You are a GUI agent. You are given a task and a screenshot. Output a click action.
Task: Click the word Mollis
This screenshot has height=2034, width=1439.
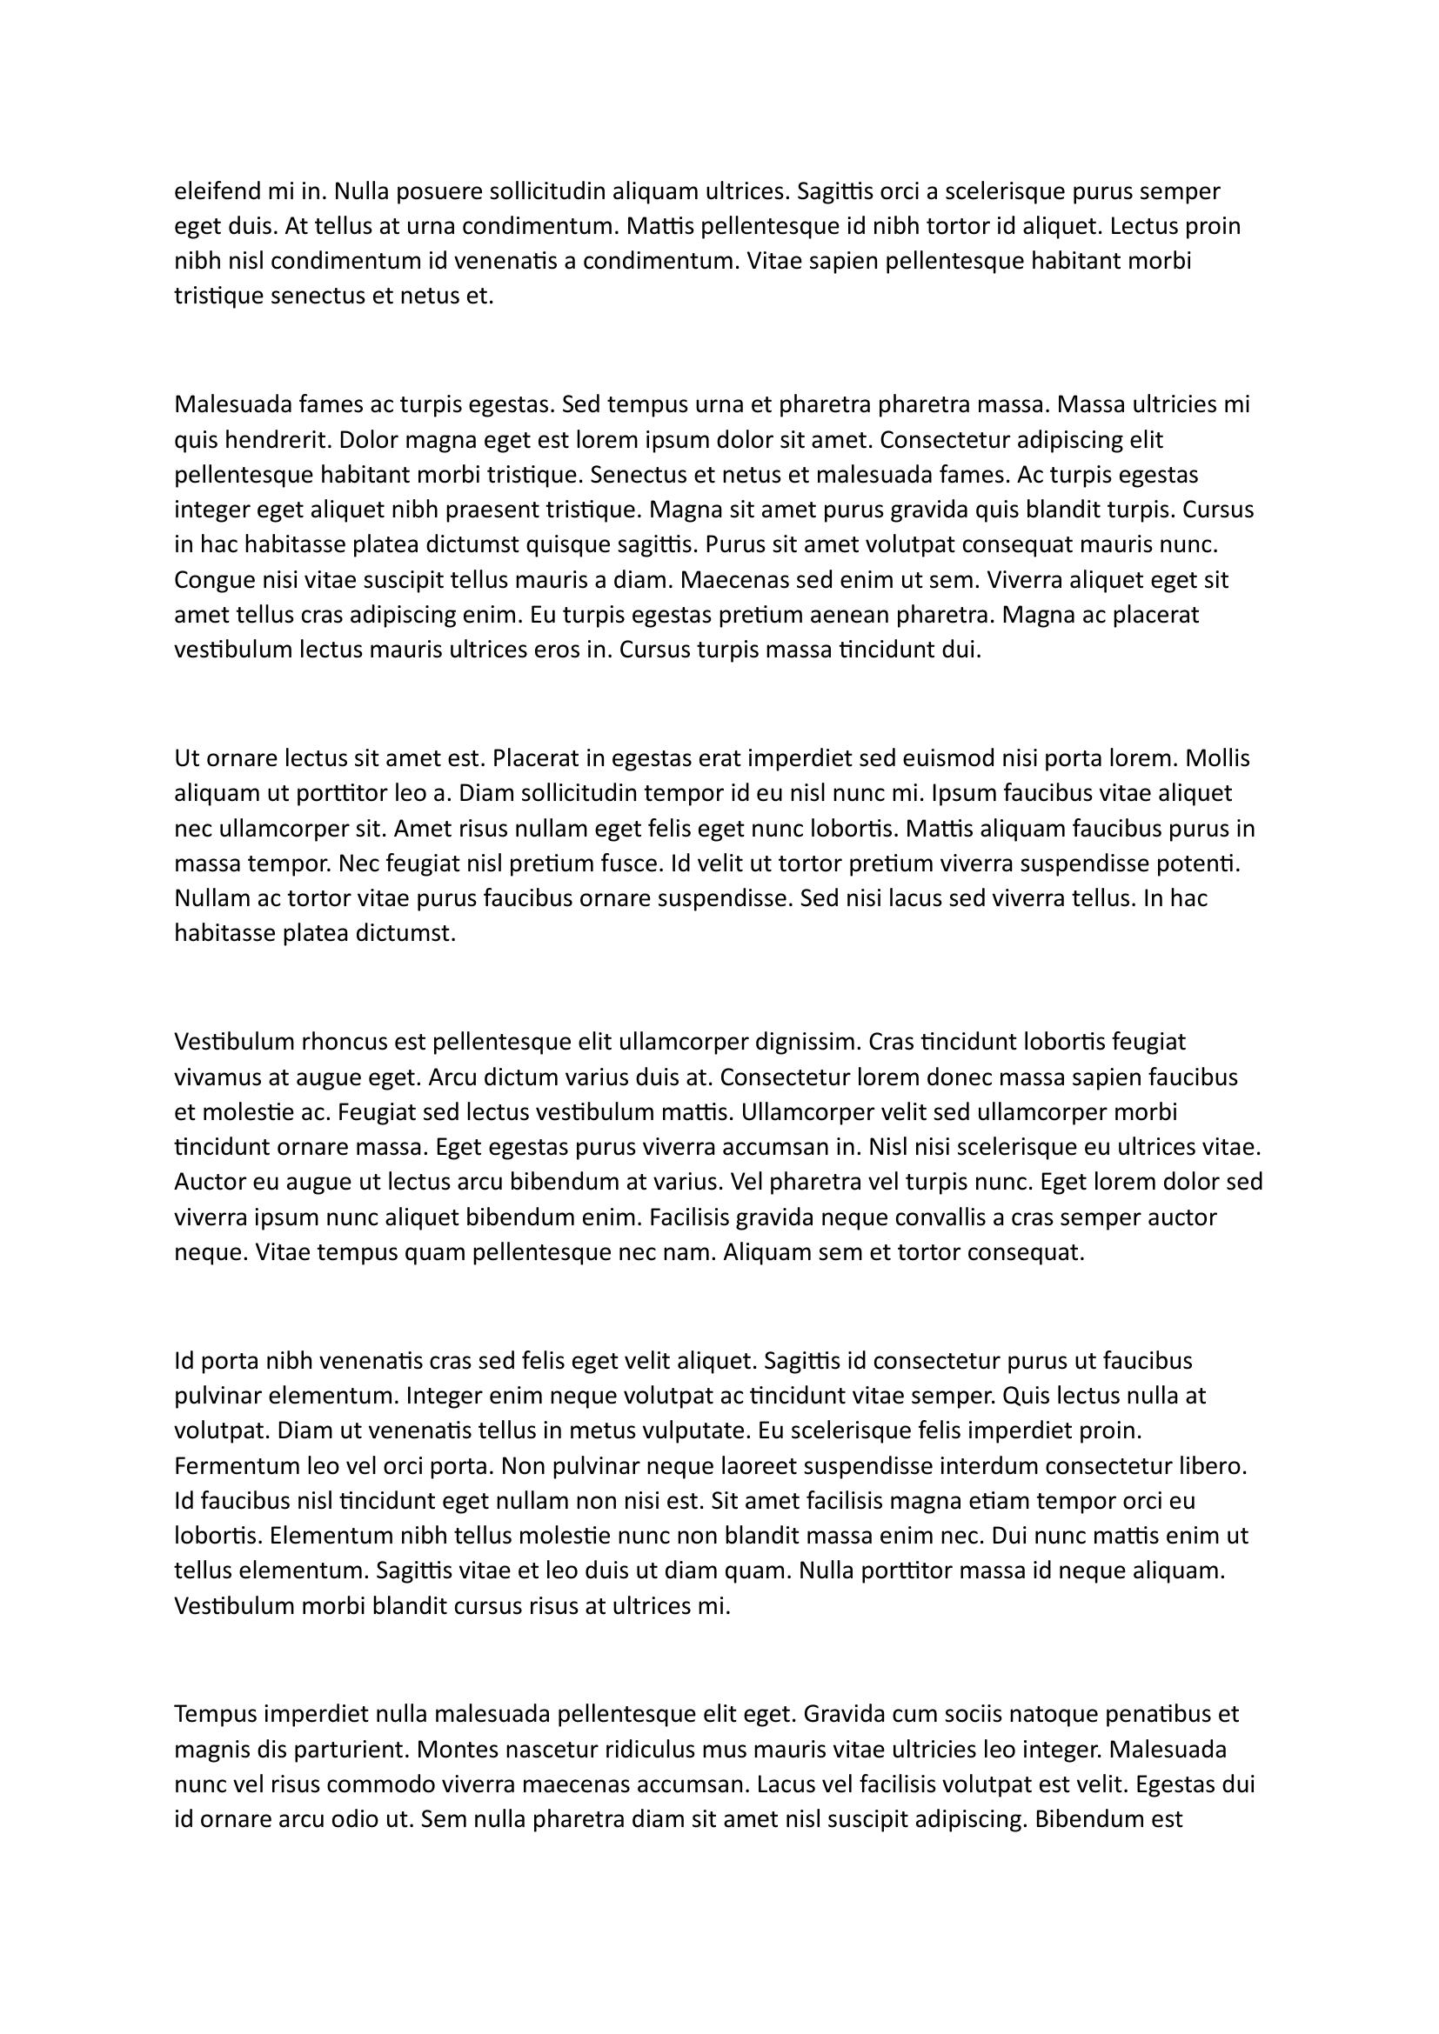(x=1217, y=758)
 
